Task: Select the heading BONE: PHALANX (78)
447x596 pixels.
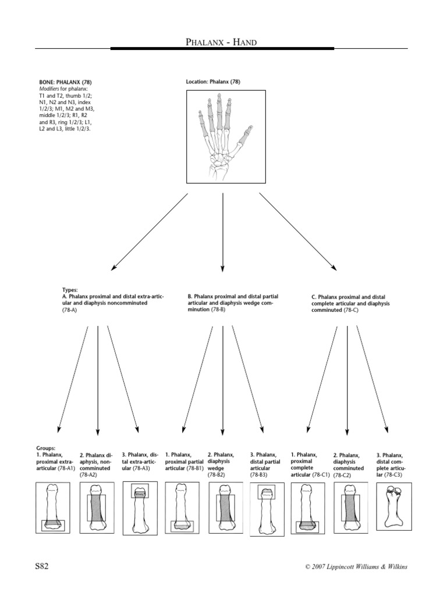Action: tap(61, 81)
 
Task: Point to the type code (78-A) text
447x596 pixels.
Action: tap(69, 310)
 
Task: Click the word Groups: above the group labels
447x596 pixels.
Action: tap(45, 448)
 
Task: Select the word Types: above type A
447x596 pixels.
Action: tap(69, 289)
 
